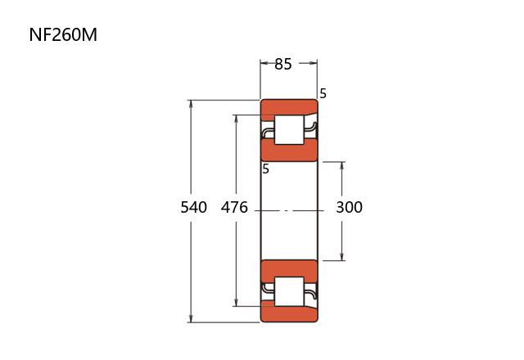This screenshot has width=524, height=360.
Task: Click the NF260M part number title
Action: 63,34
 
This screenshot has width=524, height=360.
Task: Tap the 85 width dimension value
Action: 283,64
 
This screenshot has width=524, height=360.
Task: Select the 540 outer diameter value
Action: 193,207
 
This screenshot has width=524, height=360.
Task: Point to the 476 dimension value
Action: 234,207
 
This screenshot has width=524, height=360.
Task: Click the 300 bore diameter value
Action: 350,207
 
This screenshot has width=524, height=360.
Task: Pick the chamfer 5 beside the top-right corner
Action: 323,94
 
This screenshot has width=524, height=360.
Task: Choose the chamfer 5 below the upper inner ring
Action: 265,169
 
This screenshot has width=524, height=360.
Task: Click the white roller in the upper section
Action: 289,130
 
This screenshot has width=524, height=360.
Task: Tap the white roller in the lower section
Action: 289,291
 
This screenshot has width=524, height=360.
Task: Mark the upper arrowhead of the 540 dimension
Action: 191,104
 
